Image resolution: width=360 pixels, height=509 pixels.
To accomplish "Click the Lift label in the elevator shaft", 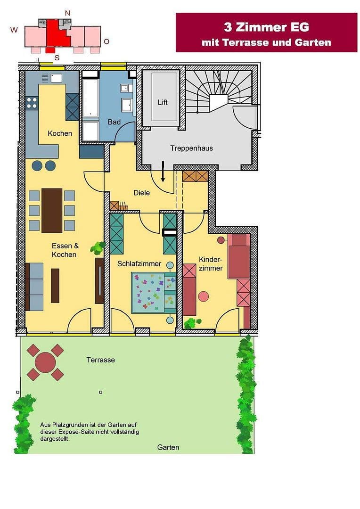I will pyautogui.click(x=163, y=102).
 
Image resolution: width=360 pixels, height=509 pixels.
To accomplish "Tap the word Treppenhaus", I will pyautogui.click(x=191, y=148).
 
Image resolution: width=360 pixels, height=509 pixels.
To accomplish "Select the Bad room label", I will pyautogui.click(x=114, y=122).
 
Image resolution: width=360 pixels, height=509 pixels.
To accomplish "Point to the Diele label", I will pyautogui.click(x=141, y=192).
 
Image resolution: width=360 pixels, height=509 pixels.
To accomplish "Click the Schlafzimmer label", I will pyautogui.click(x=139, y=264).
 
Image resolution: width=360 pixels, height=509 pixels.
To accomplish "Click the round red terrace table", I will pyautogui.click(x=45, y=362).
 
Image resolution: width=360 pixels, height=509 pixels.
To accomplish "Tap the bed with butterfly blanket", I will pyautogui.click(x=153, y=293).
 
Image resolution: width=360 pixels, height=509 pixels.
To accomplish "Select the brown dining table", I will pyautogui.click(x=52, y=211).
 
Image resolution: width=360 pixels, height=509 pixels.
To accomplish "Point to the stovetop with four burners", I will pyautogui.click(x=32, y=103).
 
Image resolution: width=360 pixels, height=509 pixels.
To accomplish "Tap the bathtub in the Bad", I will pyautogui.click(x=90, y=98).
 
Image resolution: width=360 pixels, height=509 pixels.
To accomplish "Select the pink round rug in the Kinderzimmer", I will pyautogui.click(x=203, y=296).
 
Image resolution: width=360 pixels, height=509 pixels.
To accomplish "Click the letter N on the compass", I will pyautogui.click(x=67, y=13).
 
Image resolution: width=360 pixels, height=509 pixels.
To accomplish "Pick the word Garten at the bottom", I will pyautogui.click(x=168, y=447).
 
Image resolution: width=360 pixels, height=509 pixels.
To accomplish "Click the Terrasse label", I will pyautogui.click(x=100, y=360).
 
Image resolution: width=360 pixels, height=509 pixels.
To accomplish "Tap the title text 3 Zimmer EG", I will pyautogui.click(x=266, y=27).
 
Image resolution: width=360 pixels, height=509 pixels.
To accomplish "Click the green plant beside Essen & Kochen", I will pyautogui.click(x=98, y=247).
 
